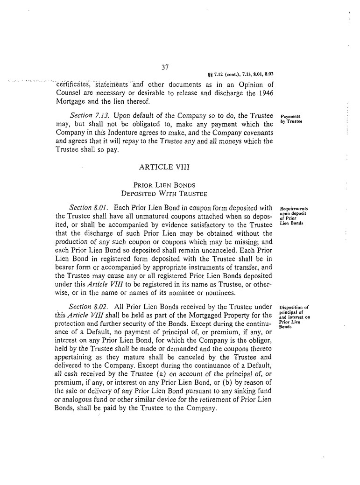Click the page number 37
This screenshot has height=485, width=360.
click(165, 67)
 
